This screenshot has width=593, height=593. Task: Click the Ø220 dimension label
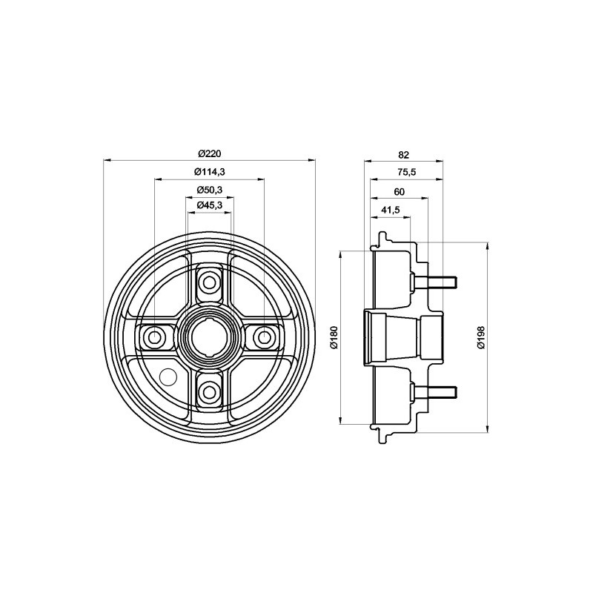[x=210, y=153]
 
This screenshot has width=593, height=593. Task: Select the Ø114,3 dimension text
[x=210, y=172]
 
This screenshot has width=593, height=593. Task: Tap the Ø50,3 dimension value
[x=210, y=191]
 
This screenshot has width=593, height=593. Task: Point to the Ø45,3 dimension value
[x=210, y=205]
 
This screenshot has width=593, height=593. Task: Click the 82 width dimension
[x=403, y=155]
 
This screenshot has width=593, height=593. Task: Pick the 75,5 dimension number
[x=406, y=173]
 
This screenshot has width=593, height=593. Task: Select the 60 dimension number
[x=399, y=191]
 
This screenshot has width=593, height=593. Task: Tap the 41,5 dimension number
[x=390, y=210]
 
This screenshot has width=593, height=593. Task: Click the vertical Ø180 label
[x=333, y=337]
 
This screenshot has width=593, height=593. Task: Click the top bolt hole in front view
[x=210, y=282]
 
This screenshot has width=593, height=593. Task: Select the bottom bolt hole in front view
[x=210, y=391]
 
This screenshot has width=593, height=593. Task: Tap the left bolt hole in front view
[x=155, y=337]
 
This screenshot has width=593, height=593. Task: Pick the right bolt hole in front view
[x=264, y=337]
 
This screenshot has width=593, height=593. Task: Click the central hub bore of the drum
[x=210, y=337]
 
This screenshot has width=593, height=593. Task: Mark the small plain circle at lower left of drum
[x=168, y=377]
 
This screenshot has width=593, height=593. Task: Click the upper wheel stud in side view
[x=437, y=282]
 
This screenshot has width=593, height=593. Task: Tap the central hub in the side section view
[x=400, y=337]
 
